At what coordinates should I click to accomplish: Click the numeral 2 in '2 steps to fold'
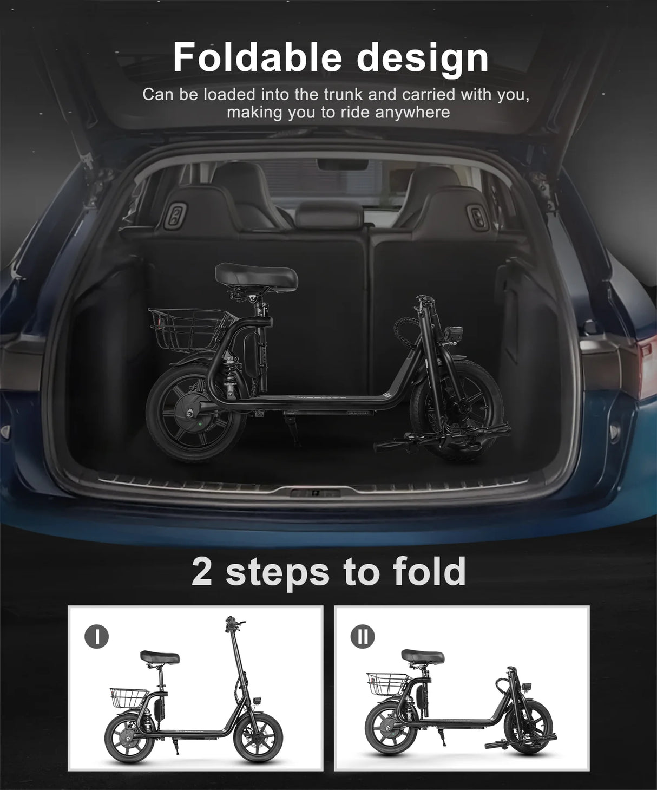pos(202,571)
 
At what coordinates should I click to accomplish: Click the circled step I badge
pos(96,637)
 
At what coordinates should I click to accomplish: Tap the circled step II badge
pos(363,637)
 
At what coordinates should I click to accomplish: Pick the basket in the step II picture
pos(387,682)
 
